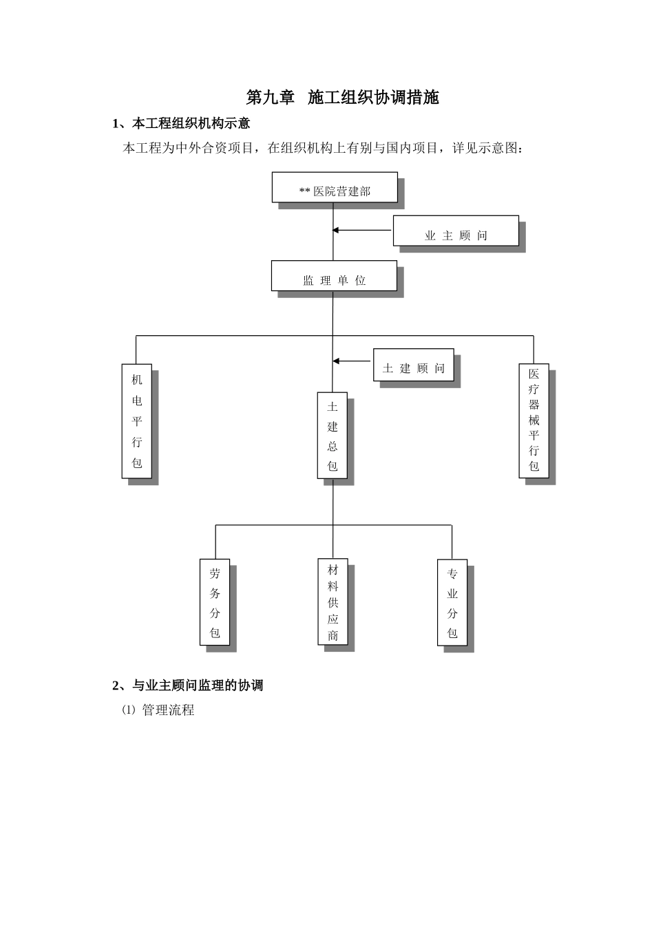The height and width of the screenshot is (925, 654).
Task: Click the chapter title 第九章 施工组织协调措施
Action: pyautogui.click(x=342, y=98)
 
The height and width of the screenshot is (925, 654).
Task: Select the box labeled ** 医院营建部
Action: pyautogui.click(x=335, y=187)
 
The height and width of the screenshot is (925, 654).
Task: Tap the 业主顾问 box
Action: pyautogui.click(x=456, y=231)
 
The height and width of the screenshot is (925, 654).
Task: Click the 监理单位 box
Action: pyautogui.click(x=334, y=276)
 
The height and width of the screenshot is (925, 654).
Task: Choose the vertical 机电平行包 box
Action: pyautogui.click(x=136, y=421)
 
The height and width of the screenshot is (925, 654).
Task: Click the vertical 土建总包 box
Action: pyautogui.click(x=333, y=436)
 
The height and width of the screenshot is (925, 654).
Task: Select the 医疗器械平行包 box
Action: pyautogui.click(x=534, y=421)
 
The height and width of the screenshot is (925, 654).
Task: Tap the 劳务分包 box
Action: pyautogui.click(x=215, y=602)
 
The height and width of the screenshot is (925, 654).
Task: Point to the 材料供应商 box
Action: pyautogui.click(x=333, y=602)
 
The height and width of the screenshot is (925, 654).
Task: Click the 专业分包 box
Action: pyautogui.click(x=452, y=603)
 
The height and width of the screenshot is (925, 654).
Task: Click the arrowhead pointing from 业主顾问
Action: pyautogui.click(x=336, y=231)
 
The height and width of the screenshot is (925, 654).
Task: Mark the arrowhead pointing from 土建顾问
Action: pyautogui.click(x=336, y=361)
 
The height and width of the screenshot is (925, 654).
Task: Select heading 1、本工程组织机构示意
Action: pyautogui.click(x=181, y=124)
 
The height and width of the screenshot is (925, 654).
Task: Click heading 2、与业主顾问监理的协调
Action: pyautogui.click(x=187, y=685)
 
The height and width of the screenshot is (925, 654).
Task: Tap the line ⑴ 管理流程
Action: pyautogui.click(x=158, y=710)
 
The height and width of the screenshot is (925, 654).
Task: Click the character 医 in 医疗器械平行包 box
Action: pyautogui.click(x=534, y=374)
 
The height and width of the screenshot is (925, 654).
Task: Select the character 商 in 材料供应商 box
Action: pyautogui.click(x=333, y=635)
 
